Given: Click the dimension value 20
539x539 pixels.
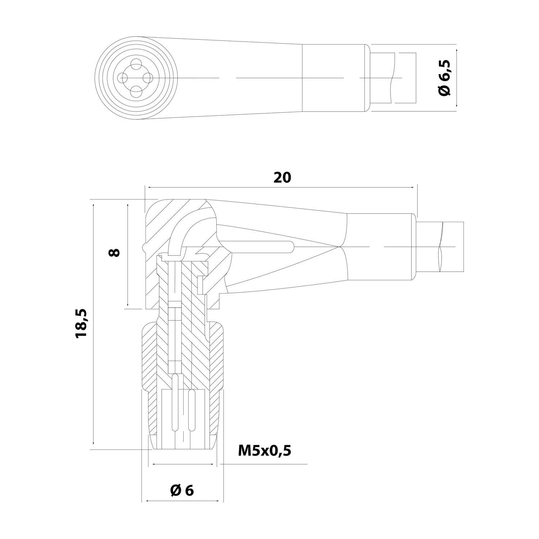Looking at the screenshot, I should click(282, 178).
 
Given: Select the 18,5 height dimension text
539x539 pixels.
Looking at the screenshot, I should click(81, 322).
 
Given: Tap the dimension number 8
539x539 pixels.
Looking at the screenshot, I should click(114, 252).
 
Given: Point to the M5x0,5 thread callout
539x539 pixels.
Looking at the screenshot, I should click(264, 450).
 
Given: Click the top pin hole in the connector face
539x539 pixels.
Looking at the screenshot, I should click(136, 65).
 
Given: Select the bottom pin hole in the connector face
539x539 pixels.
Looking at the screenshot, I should click(136, 92).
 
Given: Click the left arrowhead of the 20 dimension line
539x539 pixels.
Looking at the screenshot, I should click(147, 187).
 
